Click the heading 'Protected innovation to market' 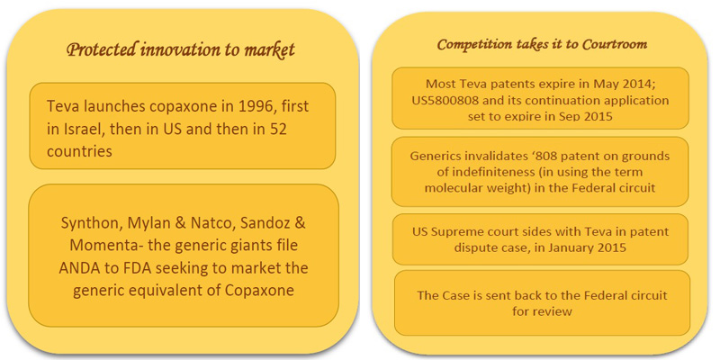181,50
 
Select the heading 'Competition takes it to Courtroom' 543,44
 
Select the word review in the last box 556,310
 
